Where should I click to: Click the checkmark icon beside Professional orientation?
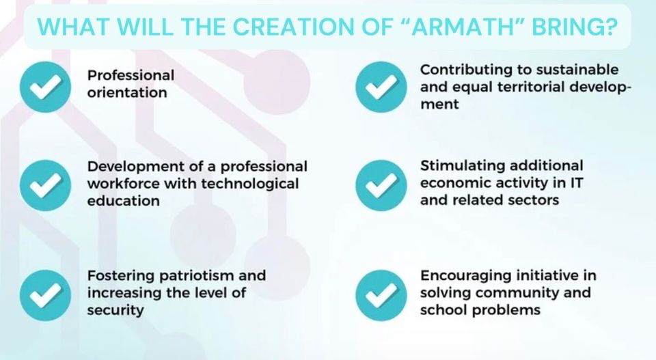(x=45, y=87)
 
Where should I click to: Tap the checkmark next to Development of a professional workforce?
(x=45, y=185)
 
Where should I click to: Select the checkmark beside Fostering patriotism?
(x=45, y=295)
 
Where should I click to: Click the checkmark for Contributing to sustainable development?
(x=381, y=87)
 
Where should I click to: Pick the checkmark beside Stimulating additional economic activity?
(x=381, y=185)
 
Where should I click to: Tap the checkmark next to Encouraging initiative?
(x=381, y=295)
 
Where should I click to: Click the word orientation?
(x=127, y=92)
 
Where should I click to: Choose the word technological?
(x=250, y=184)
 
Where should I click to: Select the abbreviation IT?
(x=575, y=182)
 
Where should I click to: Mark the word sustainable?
(x=577, y=70)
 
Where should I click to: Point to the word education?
(x=124, y=201)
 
